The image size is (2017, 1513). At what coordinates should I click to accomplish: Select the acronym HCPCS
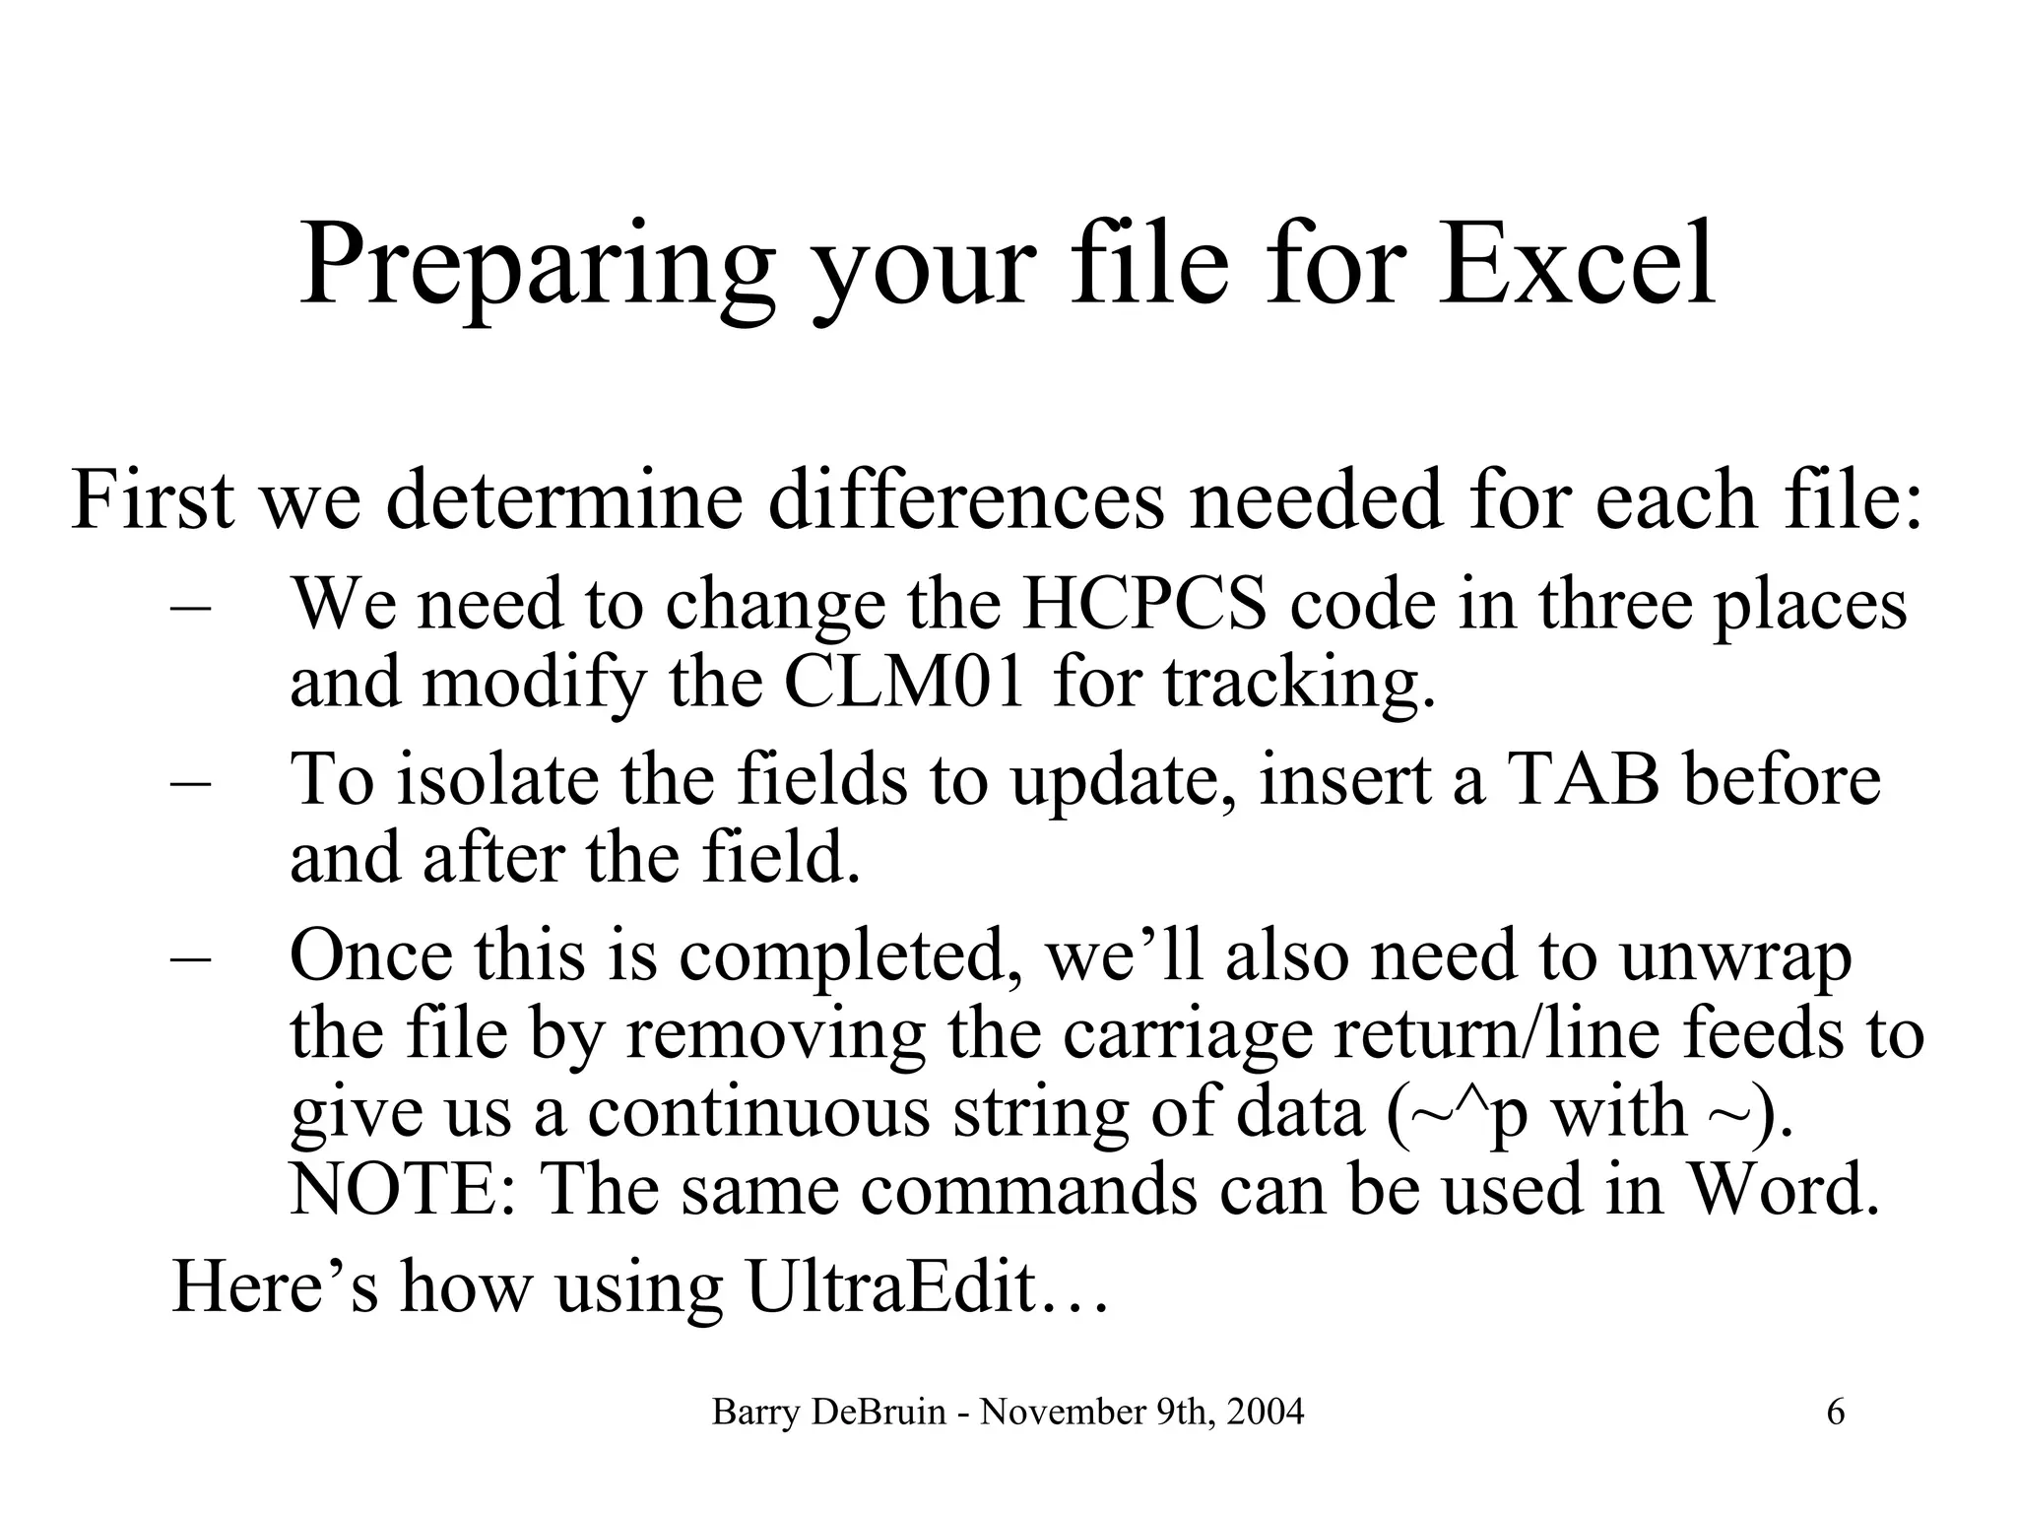1144,604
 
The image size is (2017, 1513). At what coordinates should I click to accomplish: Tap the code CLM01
905,682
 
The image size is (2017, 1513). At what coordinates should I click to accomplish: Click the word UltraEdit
891,1286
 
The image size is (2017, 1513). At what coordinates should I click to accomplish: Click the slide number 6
1836,1414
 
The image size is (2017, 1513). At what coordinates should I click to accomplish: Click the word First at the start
153,500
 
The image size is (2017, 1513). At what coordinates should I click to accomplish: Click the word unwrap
1735,957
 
